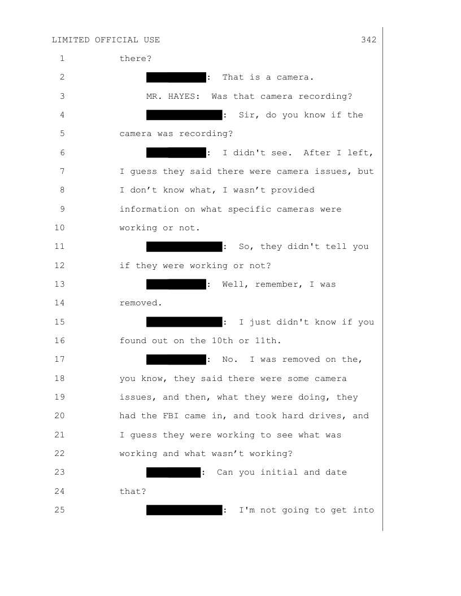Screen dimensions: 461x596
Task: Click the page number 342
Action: tap(368, 40)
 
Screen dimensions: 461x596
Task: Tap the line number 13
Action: tap(60, 284)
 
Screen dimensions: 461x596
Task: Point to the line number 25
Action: tap(60, 510)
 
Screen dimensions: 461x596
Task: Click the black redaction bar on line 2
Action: tap(176, 77)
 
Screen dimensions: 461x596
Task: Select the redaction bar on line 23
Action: tap(173, 472)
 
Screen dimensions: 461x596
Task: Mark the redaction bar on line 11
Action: tap(184, 247)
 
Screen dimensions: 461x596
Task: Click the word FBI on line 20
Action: tap(171, 416)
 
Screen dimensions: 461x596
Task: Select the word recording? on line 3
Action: tap(325, 96)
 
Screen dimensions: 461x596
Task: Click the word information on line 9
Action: tap(149, 209)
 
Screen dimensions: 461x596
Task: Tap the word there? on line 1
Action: tap(136, 59)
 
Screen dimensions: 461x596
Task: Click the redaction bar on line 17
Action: tap(176, 360)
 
